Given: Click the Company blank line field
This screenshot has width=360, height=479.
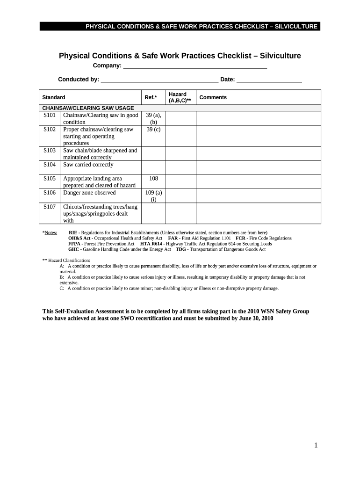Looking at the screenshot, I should (x=194, y=66).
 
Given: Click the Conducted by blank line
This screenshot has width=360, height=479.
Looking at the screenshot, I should (x=159, y=80).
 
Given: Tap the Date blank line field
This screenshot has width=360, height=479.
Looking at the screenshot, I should (x=269, y=80).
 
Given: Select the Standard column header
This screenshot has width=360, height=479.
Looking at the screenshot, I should (x=54, y=98).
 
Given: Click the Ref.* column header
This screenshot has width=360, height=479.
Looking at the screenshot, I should (x=151, y=98).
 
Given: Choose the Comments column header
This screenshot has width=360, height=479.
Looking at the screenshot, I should (x=213, y=98).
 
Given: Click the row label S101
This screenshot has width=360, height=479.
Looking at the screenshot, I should (x=50, y=115).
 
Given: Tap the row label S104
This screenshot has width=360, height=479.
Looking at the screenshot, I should (x=50, y=165).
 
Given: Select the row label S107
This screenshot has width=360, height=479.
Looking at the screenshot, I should (x=50, y=207).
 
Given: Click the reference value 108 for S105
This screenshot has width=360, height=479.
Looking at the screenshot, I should (x=153, y=179).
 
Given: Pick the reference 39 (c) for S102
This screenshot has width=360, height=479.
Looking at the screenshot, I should (x=153, y=130).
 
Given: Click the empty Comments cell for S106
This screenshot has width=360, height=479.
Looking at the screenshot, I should (x=258, y=196).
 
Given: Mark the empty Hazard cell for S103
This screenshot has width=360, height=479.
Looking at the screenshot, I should (x=180, y=153).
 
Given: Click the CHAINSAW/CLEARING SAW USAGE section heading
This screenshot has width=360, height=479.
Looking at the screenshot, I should (x=88, y=108).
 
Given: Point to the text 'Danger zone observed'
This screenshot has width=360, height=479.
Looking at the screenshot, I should (x=89, y=193).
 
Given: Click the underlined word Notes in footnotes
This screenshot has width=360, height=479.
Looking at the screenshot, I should (x=50, y=232).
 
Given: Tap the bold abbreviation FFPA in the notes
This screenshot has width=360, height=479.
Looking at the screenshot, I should (x=74, y=244).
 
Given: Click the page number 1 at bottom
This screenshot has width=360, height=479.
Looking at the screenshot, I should (x=316, y=446).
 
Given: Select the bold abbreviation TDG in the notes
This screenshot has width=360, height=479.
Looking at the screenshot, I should (x=181, y=249).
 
